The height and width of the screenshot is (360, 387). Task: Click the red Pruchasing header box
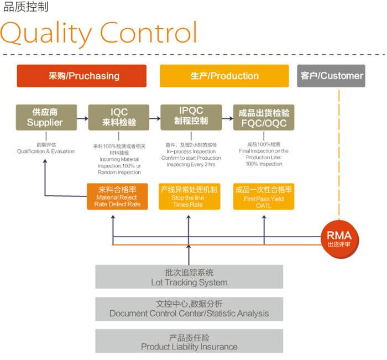pos(81,76)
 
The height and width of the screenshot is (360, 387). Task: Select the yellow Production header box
pos(224,76)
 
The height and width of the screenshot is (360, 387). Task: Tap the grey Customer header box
pos(331,76)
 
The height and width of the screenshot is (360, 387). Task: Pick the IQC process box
pos(119,117)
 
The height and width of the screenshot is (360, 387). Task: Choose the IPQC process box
pos(191,117)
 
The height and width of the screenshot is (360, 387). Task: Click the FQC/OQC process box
pos(263,117)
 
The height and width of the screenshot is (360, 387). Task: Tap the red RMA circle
pos(338,237)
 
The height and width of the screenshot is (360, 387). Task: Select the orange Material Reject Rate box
pos(118,196)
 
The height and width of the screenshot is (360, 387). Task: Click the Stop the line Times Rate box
pos(189,196)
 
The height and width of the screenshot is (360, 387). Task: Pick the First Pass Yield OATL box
pos(263,196)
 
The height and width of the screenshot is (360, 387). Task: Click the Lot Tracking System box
pos(189,277)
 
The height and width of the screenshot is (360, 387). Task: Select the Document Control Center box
pos(189,309)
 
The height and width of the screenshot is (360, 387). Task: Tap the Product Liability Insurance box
pos(189,342)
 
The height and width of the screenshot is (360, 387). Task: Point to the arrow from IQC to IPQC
pos(155,118)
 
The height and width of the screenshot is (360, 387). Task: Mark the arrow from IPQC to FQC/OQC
pos(227,118)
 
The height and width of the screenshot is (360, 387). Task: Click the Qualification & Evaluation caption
pos(45,151)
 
